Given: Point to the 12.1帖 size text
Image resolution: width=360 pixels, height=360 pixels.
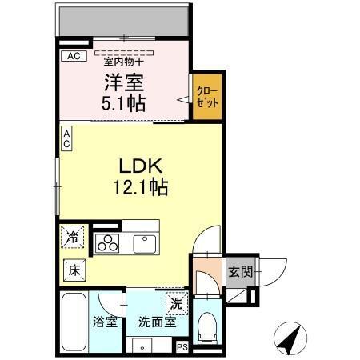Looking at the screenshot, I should coord(143,188).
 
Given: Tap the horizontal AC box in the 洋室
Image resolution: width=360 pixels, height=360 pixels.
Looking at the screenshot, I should coord(74,56).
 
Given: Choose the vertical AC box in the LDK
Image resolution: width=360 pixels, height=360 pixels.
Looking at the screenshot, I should coord(66,138).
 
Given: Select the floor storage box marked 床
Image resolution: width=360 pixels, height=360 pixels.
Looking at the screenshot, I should coord(71,270).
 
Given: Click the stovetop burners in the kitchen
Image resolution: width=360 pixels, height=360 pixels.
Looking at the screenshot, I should coord(107,242).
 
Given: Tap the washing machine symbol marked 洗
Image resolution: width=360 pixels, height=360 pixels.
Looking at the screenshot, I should coord(176,303).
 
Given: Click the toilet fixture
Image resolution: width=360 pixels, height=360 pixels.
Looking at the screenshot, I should coord(207,324).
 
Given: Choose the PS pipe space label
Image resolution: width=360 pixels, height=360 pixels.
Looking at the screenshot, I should coord(182,347).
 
